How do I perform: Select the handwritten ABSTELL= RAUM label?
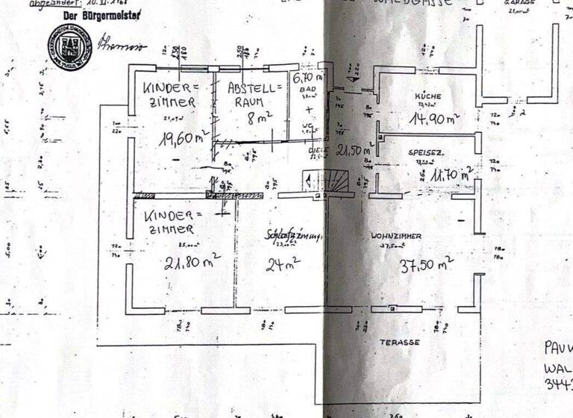click(254, 95)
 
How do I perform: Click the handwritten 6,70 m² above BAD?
click(307, 78)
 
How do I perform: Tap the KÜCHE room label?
click(430, 96)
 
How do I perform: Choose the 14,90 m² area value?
click(433, 117)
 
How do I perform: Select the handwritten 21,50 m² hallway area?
click(354, 150)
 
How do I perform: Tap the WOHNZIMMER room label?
click(396, 236)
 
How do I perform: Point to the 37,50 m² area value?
click(427, 263)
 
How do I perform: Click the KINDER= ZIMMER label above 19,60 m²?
click(170, 95)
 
